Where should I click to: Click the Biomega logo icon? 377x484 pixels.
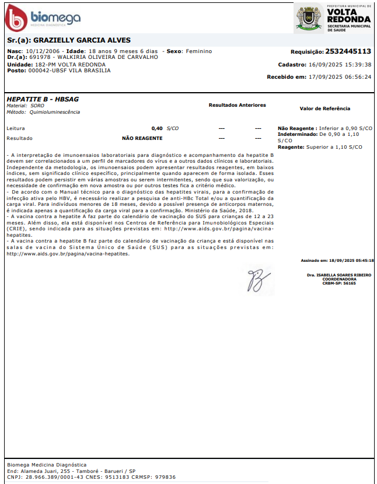(16, 19)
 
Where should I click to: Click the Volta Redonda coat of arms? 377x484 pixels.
(309, 18)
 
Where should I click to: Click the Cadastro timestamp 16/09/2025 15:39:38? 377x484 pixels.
(341, 64)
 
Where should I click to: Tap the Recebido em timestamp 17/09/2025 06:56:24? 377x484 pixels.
(341, 76)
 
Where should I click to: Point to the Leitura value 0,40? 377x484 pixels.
(157, 128)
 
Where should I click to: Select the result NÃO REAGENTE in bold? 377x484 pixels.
(142, 138)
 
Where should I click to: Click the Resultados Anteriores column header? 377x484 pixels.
(237, 105)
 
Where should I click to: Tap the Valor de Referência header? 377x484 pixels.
(324, 108)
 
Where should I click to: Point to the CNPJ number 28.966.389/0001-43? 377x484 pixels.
(53, 476)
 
